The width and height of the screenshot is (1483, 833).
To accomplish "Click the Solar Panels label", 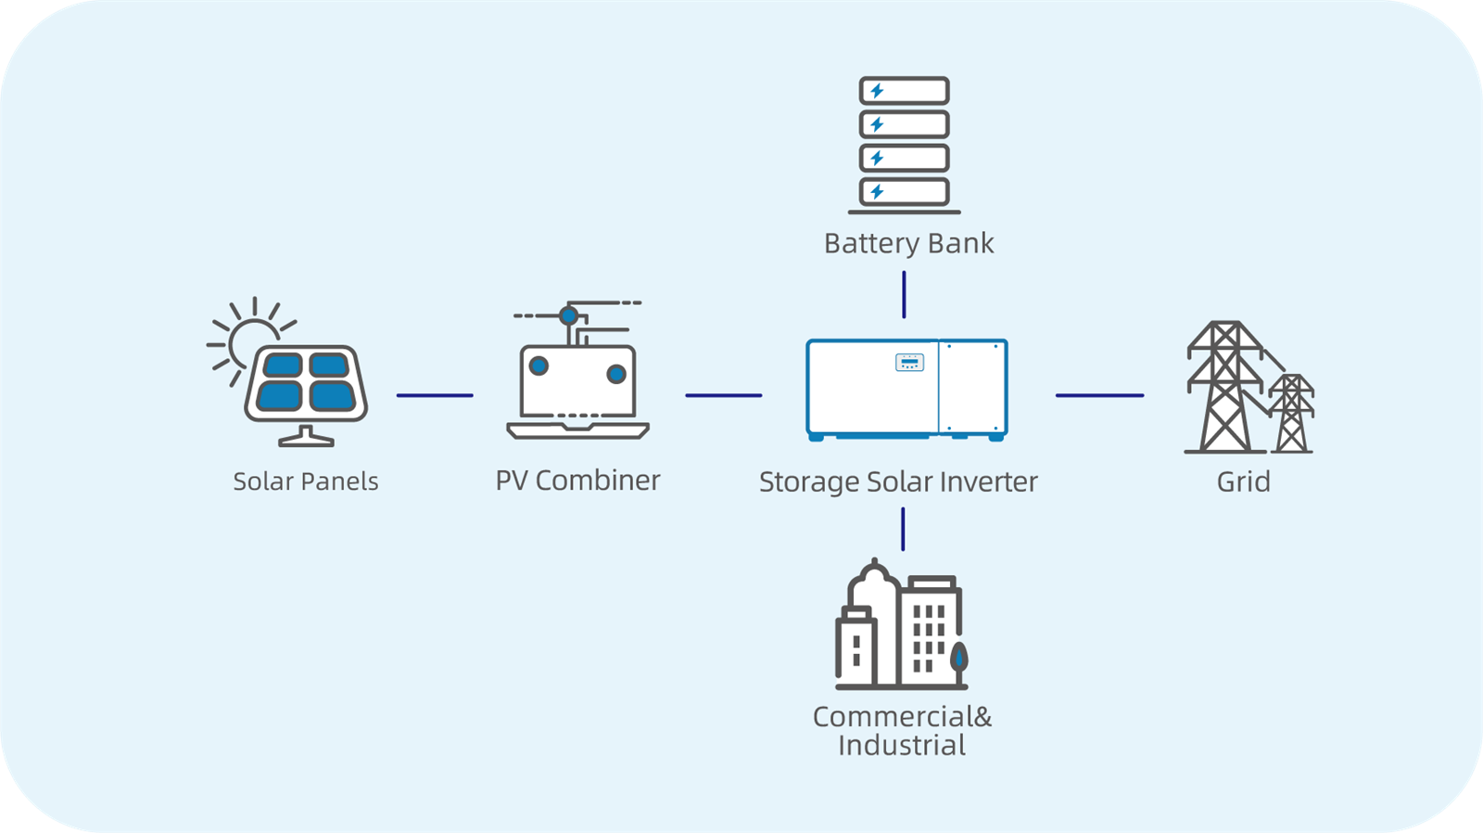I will (x=305, y=481).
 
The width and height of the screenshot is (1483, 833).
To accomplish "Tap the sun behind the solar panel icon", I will (x=243, y=340).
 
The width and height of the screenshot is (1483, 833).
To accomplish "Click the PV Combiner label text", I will (x=577, y=481).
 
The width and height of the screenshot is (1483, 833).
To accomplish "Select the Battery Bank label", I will (x=908, y=243).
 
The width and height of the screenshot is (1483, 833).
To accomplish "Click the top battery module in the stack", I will (x=904, y=91).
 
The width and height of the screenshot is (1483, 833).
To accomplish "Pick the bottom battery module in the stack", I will (x=904, y=192).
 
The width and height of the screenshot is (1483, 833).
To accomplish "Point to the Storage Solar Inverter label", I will (x=897, y=482).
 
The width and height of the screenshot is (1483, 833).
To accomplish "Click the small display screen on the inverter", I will (x=909, y=362).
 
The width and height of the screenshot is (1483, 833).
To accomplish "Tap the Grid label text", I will (x=1243, y=481).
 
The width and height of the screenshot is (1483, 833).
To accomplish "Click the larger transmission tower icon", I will (x=1225, y=390).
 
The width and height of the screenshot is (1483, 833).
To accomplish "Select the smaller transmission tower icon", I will (x=1291, y=415).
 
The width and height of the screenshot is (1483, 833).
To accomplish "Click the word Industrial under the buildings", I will (x=901, y=746).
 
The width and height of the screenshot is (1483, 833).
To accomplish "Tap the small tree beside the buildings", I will (x=959, y=658).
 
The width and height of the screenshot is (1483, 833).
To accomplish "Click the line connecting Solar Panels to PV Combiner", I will (x=435, y=395).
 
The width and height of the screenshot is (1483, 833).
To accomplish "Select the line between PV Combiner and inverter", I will (x=723, y=395).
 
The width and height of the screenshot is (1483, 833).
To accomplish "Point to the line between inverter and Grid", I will (x=1099, y=395).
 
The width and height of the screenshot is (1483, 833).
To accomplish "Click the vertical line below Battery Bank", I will (x=904, y=295).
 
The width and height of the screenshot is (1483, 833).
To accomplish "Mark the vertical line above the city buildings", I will (x=903, y=529).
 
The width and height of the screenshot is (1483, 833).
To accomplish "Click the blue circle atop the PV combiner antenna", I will (x=569, y=315).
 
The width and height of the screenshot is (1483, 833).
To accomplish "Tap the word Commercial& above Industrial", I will (x=901, y=717).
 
